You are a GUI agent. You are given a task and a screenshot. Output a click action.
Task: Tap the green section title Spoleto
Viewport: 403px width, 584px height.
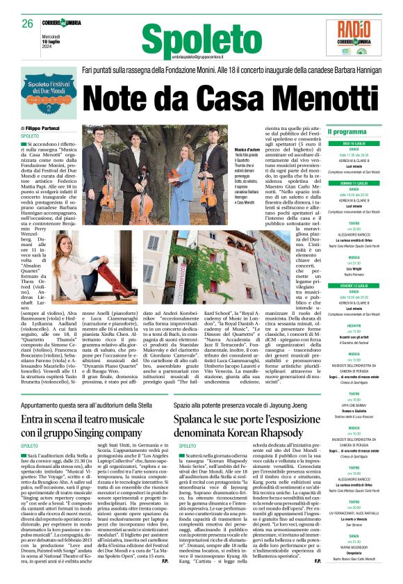point(190,40)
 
